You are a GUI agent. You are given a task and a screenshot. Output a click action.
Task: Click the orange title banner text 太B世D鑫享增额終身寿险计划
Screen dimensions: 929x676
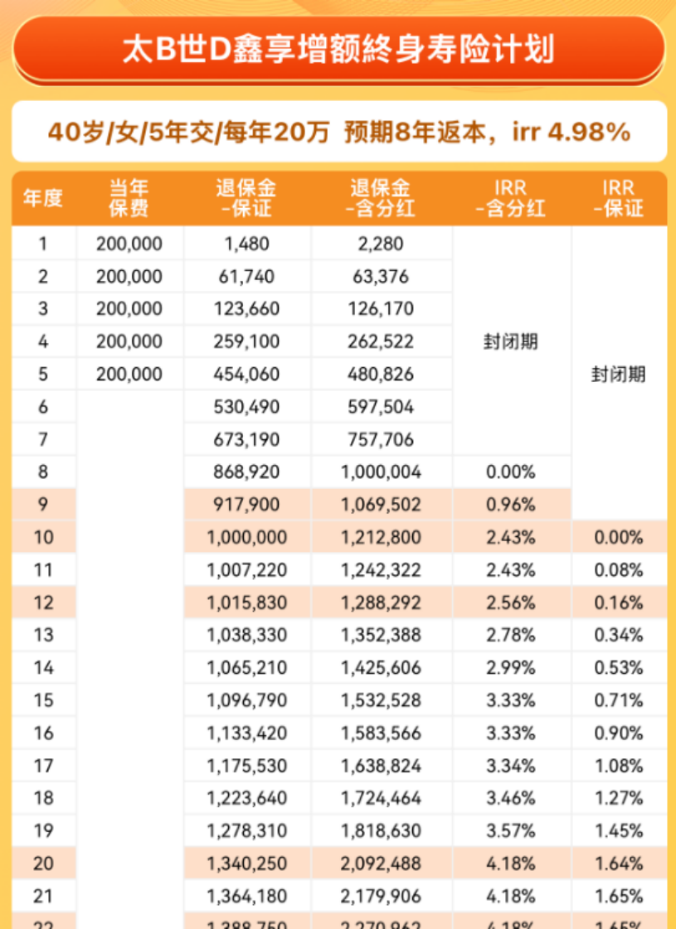pos(338,49)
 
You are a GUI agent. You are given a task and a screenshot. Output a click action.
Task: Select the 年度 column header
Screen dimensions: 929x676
pos(43,199)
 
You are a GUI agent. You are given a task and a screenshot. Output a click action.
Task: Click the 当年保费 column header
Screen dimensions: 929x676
pos(129,199)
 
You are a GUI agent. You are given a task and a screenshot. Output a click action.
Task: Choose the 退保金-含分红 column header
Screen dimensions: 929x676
pos(381,199)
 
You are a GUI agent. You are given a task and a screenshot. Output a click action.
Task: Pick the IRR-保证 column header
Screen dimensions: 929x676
pos(619,199)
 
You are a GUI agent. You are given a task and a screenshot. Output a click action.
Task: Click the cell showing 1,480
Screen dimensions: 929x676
pos(247,244)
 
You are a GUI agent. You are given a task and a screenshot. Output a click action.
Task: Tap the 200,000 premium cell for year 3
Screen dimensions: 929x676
pos(129,309)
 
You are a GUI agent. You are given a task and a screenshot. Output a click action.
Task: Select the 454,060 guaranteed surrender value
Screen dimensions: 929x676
pos(247,375)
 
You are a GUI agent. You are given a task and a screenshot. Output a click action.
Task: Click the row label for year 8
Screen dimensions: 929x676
pos(43,472)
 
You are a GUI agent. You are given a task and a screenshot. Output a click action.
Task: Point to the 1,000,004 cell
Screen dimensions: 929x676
pos(381,472)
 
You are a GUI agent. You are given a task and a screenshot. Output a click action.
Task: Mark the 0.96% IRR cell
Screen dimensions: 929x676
pos(511,505)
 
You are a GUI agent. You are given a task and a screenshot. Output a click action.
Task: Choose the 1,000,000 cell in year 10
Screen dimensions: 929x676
pos(247,538)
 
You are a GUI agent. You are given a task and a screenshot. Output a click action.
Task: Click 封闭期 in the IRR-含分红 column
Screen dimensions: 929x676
pos(511,341)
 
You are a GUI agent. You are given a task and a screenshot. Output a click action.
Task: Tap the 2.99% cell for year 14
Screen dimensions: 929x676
pos(511,668)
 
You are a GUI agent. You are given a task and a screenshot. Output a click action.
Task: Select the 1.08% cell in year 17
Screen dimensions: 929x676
pos(619,766)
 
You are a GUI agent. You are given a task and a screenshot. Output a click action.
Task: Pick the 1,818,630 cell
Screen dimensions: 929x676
pos(381,831)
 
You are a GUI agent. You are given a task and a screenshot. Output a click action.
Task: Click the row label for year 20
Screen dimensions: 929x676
pos(43,864)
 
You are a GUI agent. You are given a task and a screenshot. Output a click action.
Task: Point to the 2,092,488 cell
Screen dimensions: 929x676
pos(381,864)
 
